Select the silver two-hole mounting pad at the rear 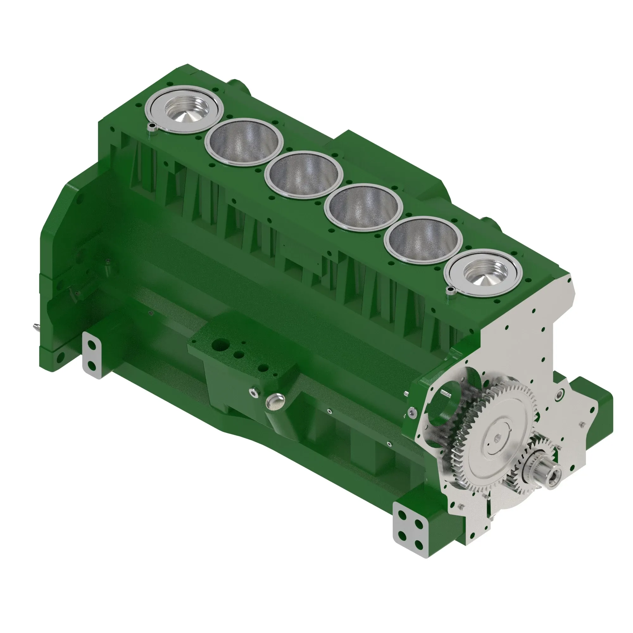(92, 355)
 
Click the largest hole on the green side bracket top (218, 345)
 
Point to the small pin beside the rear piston (152, 127)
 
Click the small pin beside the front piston (451, 289)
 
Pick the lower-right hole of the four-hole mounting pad (419, 543)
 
